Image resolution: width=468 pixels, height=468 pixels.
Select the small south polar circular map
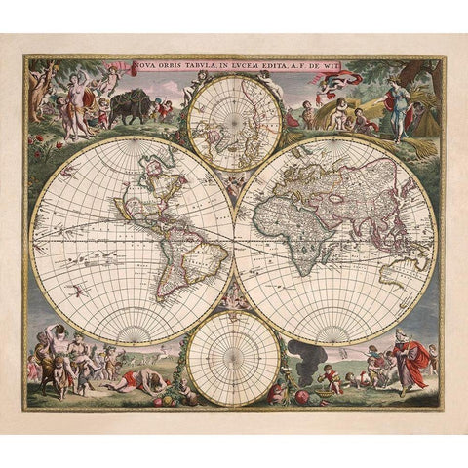pyautogui.click(x=233, y=357)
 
